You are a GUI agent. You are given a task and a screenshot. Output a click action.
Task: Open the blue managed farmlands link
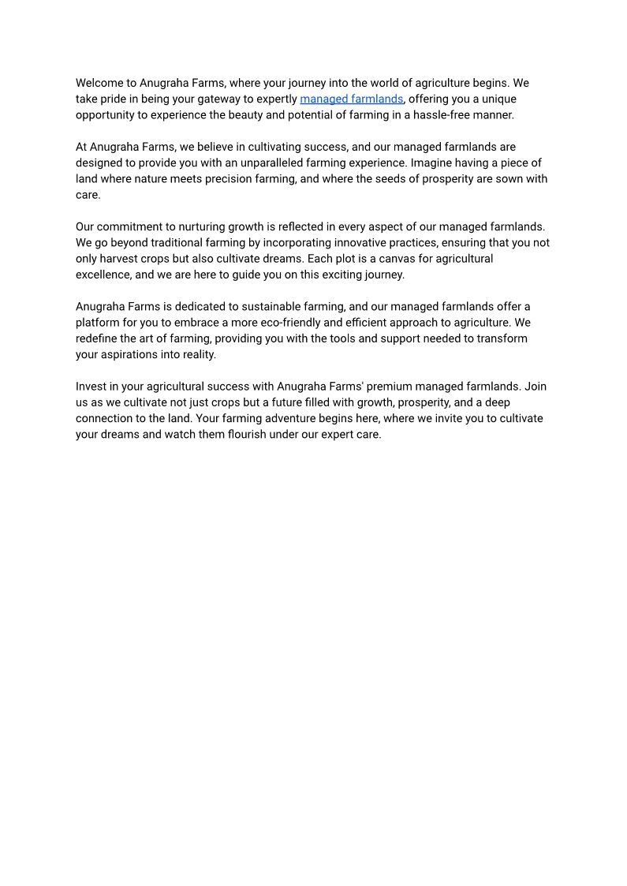[x=351, y=99]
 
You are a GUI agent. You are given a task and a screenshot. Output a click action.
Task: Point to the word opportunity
[x=106, y=115]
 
